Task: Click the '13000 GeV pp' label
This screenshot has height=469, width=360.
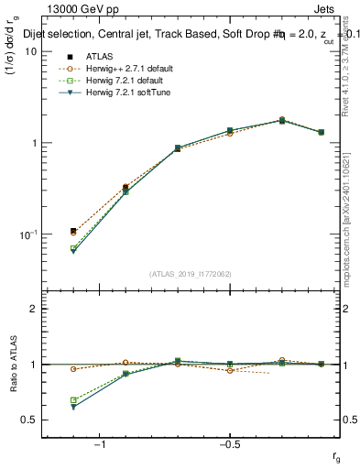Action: click(82, 9)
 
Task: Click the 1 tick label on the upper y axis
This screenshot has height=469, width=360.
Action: click(33, 144)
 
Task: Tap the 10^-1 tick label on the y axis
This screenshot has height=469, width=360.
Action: click(27, 235)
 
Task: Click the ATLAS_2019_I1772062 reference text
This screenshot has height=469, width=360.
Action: click(191, 273)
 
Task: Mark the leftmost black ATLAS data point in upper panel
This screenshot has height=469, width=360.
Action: click(73, 231)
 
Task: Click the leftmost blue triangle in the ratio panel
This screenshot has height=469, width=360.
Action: click(73, 407)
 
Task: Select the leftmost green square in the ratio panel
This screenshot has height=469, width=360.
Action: click(73, 400)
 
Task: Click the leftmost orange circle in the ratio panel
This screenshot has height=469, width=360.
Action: click(73, 369)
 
